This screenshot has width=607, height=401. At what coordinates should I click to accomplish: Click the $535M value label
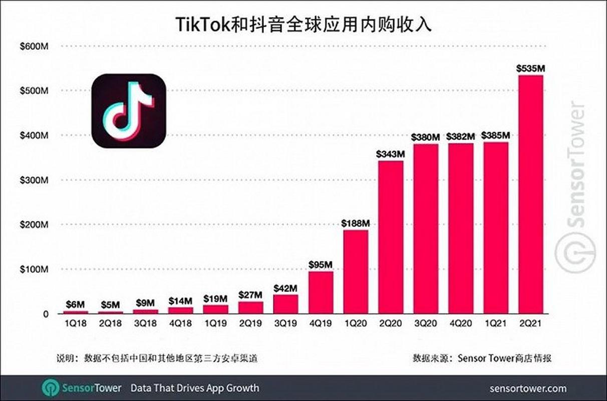[x=530, y=68]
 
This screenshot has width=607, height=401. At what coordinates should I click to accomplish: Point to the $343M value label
[x=391, y=154]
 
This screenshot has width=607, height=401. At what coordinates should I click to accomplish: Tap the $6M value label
[x=75, y=304]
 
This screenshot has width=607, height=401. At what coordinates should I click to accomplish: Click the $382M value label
[x=460, y=136]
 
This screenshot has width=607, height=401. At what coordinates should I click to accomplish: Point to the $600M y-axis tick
[x=34, y=46]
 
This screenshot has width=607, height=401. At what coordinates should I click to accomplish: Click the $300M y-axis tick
[x=34, y=180]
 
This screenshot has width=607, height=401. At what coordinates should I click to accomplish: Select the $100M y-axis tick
[x=34, y=269]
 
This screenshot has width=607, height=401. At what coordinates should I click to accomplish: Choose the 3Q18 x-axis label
[x=145, y=324]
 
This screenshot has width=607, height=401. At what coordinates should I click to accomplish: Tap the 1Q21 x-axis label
[x=495, y=324]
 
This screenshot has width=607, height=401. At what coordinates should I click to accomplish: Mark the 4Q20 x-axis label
[x=460, y=324]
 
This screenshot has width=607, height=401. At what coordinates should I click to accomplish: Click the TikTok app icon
[x=129, y=111]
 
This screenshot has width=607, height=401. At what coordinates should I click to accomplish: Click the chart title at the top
[x=303, y=24]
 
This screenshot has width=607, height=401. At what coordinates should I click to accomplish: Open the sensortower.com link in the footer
[x=528, y=388]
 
